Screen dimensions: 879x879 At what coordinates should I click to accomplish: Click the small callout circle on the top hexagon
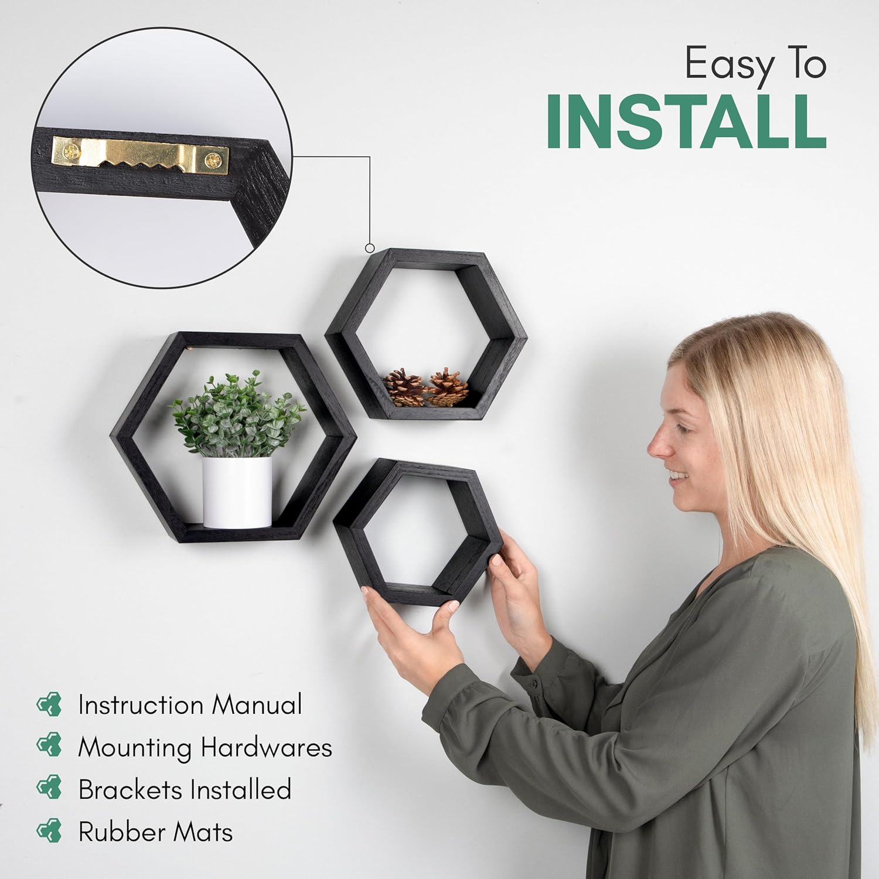pos(370,248)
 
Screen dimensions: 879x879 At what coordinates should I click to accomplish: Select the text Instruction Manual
pos(190,704)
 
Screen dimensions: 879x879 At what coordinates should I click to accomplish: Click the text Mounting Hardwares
pos(205,747)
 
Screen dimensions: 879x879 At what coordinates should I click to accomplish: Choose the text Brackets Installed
pos(185,789)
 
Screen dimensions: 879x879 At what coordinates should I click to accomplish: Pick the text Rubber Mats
pos(155,832)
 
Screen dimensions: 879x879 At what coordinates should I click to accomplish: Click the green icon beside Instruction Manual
pos(49,704)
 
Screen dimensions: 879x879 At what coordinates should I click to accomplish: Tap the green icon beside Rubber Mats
pos(49,832)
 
